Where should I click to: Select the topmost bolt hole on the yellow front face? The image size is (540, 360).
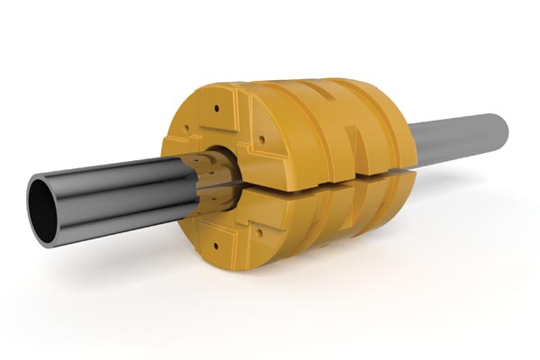tap(216, 108)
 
